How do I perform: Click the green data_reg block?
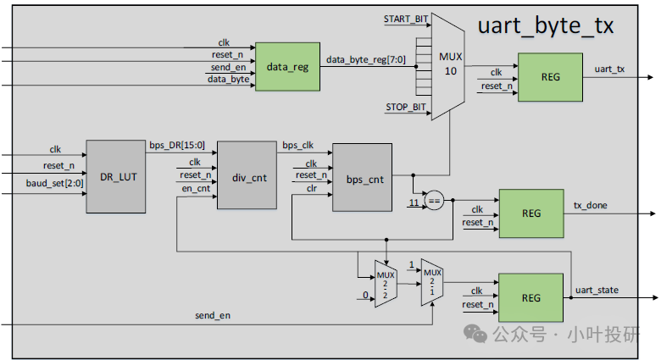287,66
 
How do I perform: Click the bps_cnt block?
363,180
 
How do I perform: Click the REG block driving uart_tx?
550,76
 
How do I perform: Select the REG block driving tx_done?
530,213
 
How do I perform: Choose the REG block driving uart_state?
530,297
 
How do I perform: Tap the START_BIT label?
405,18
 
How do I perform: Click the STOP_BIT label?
406,107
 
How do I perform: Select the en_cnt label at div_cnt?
196,188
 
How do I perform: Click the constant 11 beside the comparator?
414,203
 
